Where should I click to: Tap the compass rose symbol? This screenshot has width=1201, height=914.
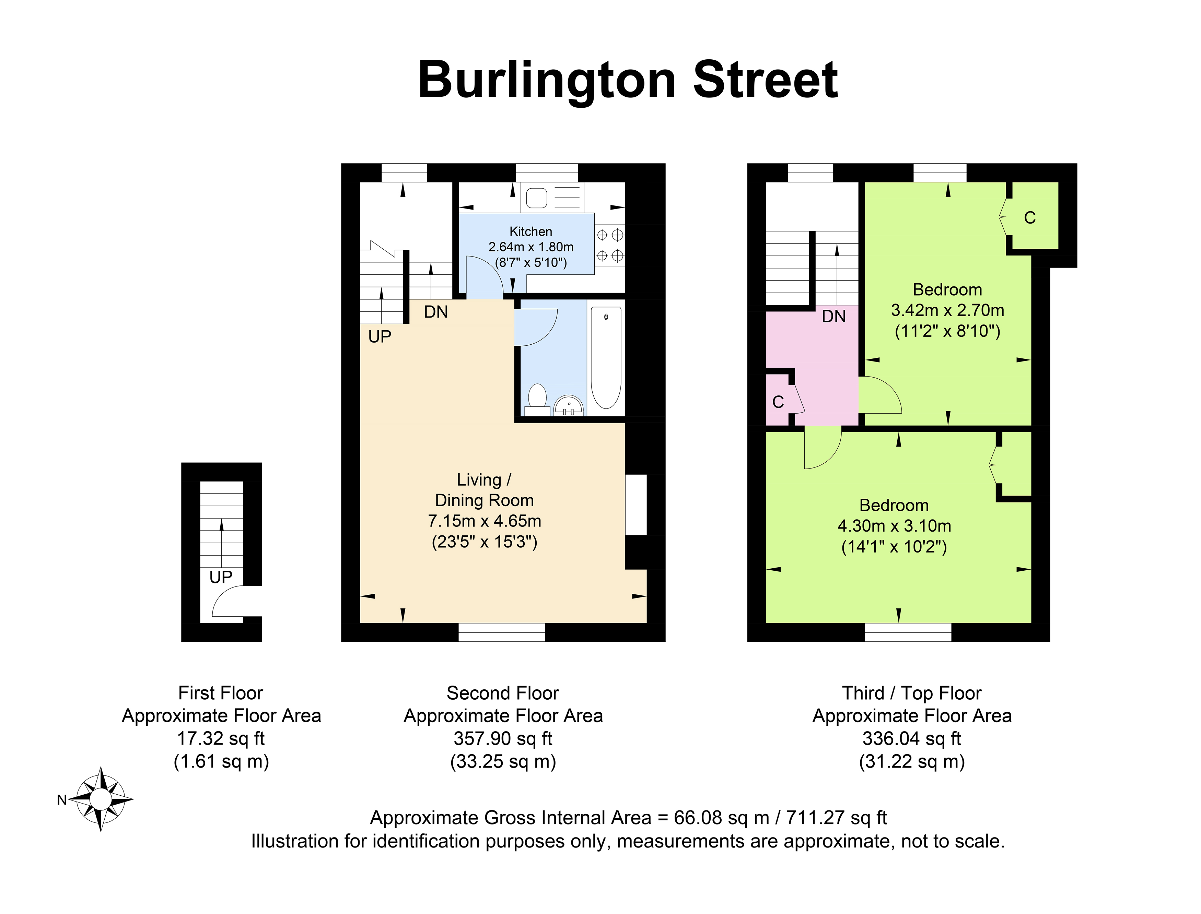pos(101,799)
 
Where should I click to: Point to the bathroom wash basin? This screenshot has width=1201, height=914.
pos(569,405)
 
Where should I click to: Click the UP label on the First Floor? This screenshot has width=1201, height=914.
pos(221,577)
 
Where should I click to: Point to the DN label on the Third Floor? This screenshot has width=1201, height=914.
pos(834,316)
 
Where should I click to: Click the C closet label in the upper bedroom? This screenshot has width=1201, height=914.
pos(1029,218)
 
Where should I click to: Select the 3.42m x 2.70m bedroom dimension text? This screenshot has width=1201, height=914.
pos(947,310)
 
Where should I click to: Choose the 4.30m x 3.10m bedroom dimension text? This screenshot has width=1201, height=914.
pos(894,526)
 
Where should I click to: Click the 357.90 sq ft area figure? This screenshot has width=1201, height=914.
pos(503,738)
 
